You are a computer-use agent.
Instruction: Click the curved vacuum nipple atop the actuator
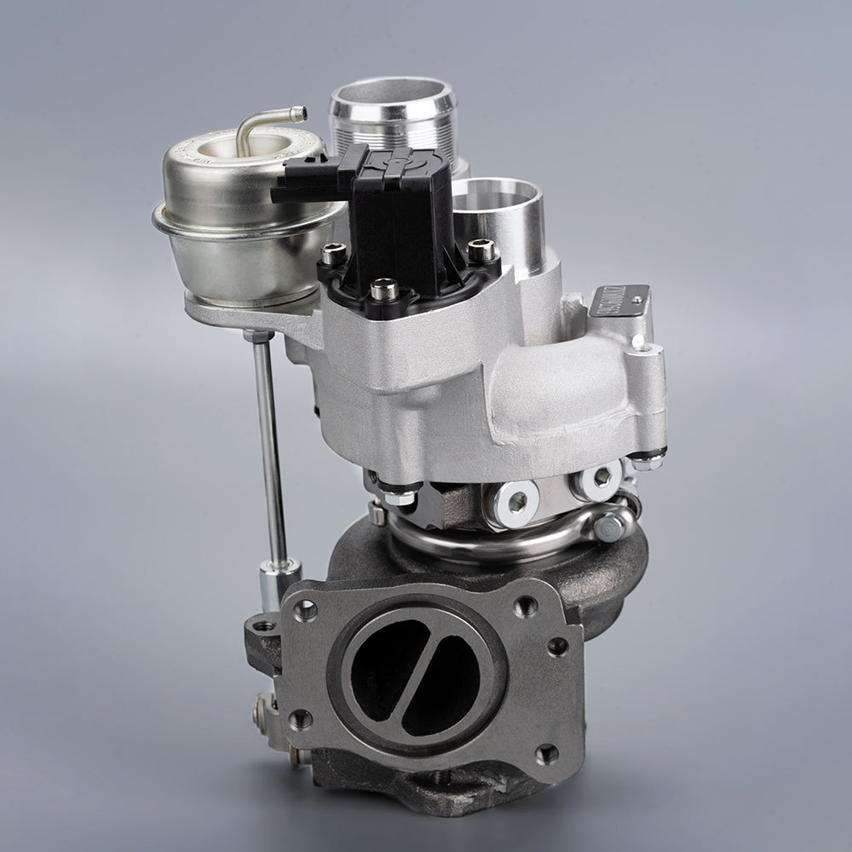(x=256, y=128)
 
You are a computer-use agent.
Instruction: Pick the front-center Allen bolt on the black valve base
(x=383, y=291)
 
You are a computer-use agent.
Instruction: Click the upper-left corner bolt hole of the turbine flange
(x=305, y=610)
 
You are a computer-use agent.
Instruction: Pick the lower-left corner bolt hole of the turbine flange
(x=299, y=722)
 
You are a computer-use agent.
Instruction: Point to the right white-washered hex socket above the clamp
(x=597, y=478)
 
